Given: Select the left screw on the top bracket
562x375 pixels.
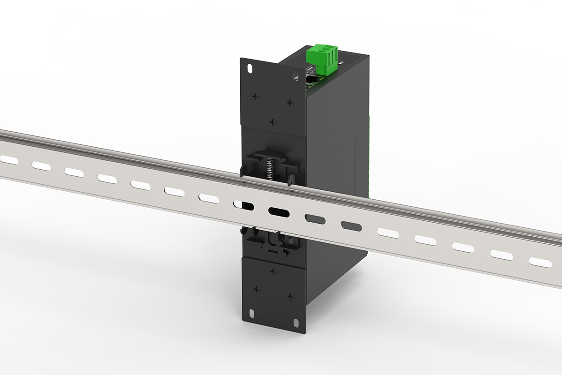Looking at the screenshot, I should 255,97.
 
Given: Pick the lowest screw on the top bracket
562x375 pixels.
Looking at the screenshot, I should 274,122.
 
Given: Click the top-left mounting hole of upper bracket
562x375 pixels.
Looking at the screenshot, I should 249,67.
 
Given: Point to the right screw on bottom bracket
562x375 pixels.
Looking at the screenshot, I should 290,296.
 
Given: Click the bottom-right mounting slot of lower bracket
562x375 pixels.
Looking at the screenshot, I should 297,322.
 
